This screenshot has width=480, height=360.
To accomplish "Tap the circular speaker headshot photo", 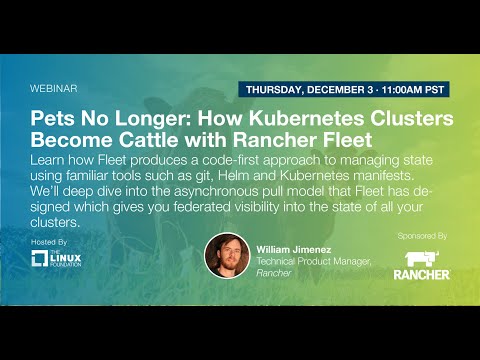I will coord(227,257).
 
